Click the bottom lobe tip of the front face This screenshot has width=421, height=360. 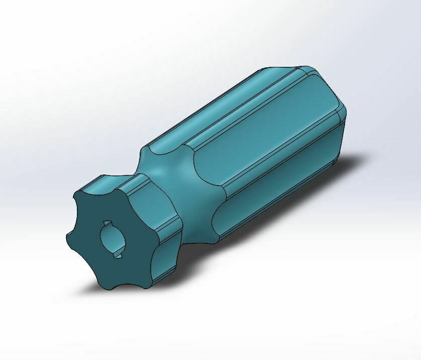(110, 288)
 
